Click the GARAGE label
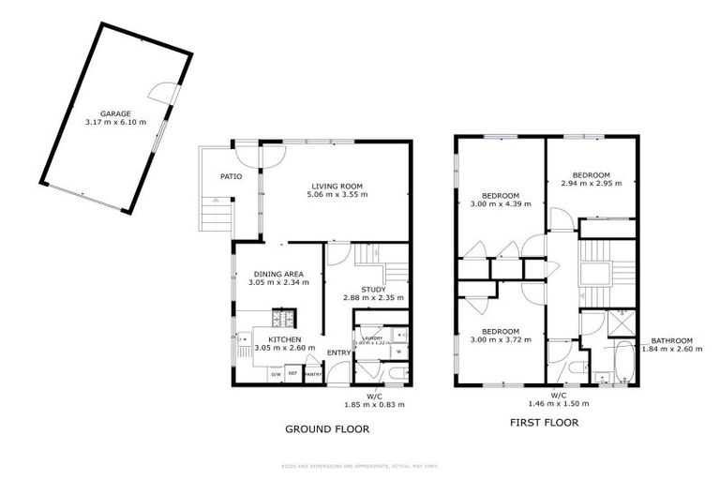[x=115, y=113]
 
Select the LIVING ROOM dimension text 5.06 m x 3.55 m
[x=337, y=195]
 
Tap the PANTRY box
[x=313, y=375]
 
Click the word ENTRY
[x=337, y=352]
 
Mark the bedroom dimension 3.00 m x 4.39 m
[x=495, y=205]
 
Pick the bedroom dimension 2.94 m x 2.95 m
[x=592, y=184]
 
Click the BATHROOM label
[x=672, y=340]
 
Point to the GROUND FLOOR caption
[x=327, y=428]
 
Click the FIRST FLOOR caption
[x=544, y=422]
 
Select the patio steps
[x=216, y=216]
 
